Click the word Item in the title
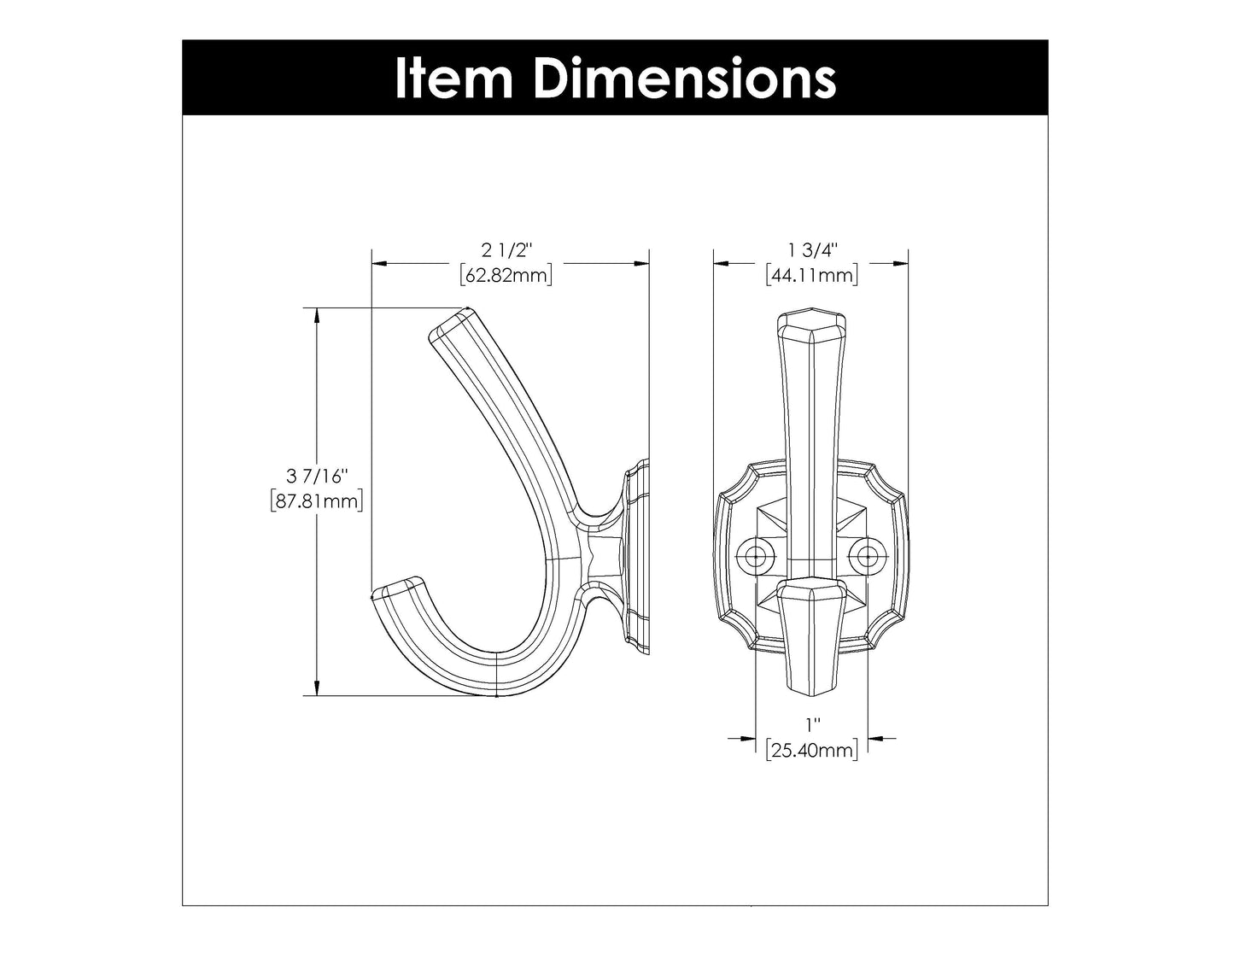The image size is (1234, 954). tap(453, 78)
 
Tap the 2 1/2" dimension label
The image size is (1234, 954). tap(506, 250)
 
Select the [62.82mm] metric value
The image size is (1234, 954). tap(506, 275)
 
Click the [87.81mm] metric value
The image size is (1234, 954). tap(317, 501)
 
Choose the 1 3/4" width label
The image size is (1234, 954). tap(812, 250)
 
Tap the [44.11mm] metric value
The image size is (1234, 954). tap(812, 275)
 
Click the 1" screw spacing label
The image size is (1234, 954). tap(811, 725)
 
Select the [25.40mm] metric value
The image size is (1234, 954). tap(811, 750)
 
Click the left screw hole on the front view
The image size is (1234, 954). tap(755, 557)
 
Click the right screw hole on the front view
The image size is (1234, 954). tap(868, 557)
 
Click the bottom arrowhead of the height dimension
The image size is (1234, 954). tap(317, 688)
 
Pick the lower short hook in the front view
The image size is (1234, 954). tap(811, 632)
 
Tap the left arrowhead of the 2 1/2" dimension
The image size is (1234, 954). tap(378, 264)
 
